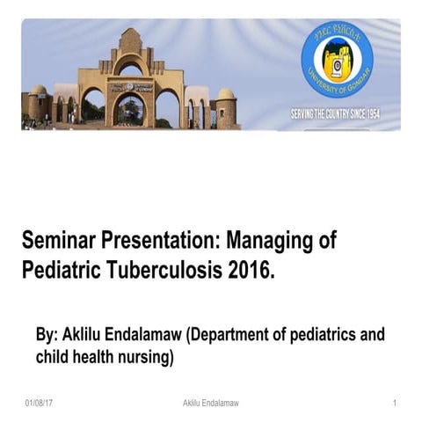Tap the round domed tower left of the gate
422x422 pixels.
(38, 104)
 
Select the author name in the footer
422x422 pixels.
(210, 403)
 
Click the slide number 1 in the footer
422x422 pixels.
(396, 403)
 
